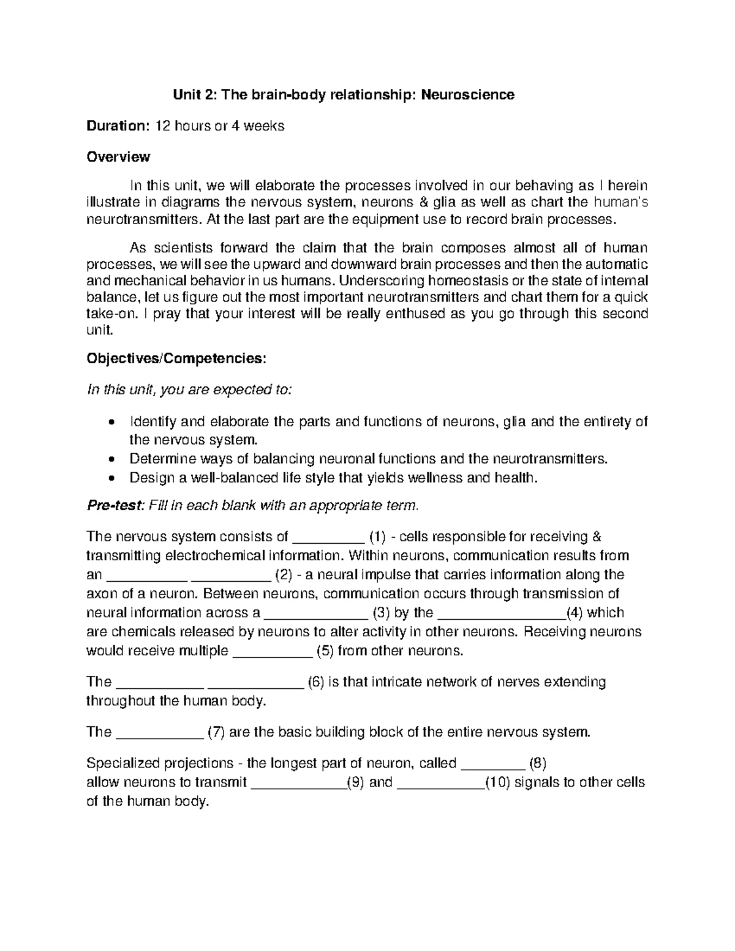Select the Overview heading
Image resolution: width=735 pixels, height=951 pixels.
coord(118,157)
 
